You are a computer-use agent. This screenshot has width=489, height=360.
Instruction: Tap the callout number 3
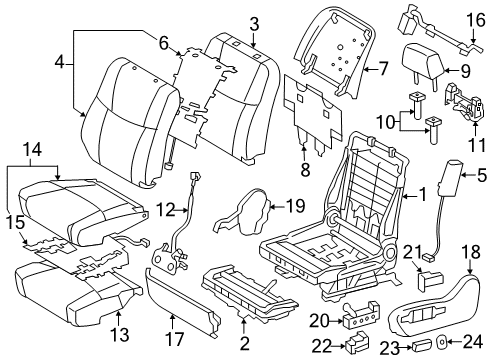(x=254, y=23)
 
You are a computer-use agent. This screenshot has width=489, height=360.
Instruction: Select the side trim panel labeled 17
(x=183, y=300)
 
